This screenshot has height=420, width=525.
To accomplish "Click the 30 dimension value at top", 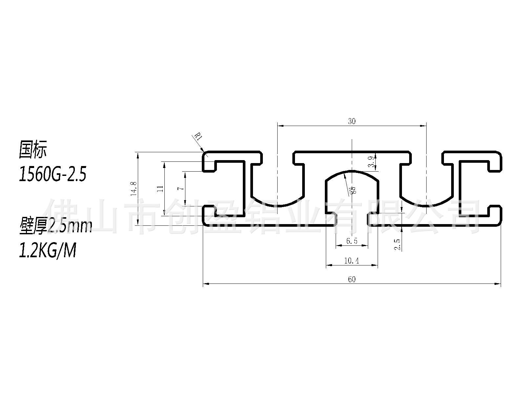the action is pyautogui.click(x=352, y=121).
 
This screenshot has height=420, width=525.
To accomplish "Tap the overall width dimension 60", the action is pyautogui.click(x=352, y=279).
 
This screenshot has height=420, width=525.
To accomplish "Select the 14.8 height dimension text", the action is pyautogui.click(x=134, y=189).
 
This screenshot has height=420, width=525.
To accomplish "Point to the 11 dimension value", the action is pyautogui.click(x=160, y=189).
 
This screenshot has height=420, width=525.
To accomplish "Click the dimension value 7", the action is pyautogui.click(x=180, y=188).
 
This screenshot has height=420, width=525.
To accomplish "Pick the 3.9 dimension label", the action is pyautogui.click(x=371, y=162).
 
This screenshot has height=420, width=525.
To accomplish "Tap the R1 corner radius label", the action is pyautogui.click(x=198, y=137).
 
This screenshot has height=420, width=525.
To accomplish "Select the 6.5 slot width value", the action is pyautogui.click(x=352, y=241).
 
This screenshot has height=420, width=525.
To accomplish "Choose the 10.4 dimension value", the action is pyautogui.click(x=351, y=261).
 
